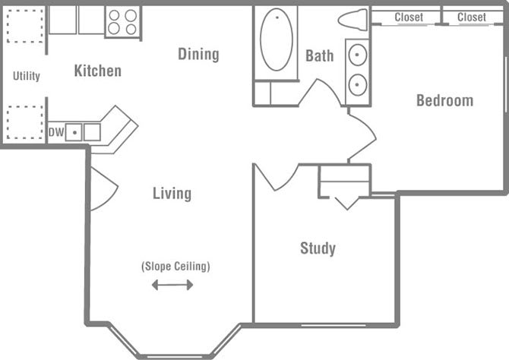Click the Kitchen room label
coord(97,71)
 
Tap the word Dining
coord(198,54)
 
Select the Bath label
coord(319,55)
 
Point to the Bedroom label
coord(444,100)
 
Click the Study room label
coord(318,248)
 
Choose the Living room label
coord(172,194)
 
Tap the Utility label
coord(27,76)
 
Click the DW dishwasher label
coord(55,132)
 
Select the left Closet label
coord(408,17)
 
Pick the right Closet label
coord(471,17)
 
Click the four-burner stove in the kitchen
coord(122,22)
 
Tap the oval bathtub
coord(277,39)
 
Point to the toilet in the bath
coord(354,19)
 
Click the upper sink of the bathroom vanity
coord(358,55)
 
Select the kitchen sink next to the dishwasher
coord(74,132)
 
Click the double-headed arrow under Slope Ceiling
coord(172,286)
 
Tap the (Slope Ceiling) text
coord(175,267)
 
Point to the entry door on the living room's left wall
coord(102,188)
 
